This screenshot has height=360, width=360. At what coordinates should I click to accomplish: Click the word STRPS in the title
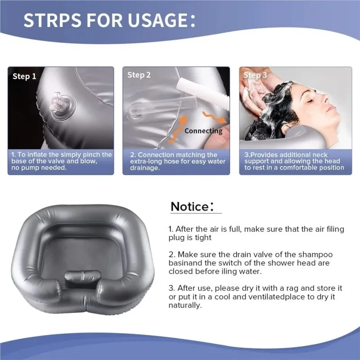click(x=53, y=20)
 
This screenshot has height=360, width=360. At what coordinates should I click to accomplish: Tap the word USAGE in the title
click(x=157, y=20)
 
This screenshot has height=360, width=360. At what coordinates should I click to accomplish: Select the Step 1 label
click(x=24, y=76)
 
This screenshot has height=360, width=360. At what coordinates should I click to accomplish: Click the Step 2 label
click(x=139, y=75)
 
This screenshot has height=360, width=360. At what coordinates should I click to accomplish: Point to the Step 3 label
click(x=255, y=75)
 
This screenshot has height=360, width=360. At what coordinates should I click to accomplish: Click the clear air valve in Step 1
click(x=63, y=106)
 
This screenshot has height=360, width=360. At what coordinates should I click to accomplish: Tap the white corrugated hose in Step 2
click(x=204, y=93)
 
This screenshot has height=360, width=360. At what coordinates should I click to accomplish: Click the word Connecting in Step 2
click(x=203, y=131)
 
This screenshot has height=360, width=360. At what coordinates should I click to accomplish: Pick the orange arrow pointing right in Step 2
click(x=214, y=117)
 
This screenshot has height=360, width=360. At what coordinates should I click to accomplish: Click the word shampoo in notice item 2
click(x=315, y=255)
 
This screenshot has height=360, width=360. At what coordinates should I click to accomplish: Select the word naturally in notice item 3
click(x=185, y=306)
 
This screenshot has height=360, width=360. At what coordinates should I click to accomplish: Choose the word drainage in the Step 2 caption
click(x=144, y=168)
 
